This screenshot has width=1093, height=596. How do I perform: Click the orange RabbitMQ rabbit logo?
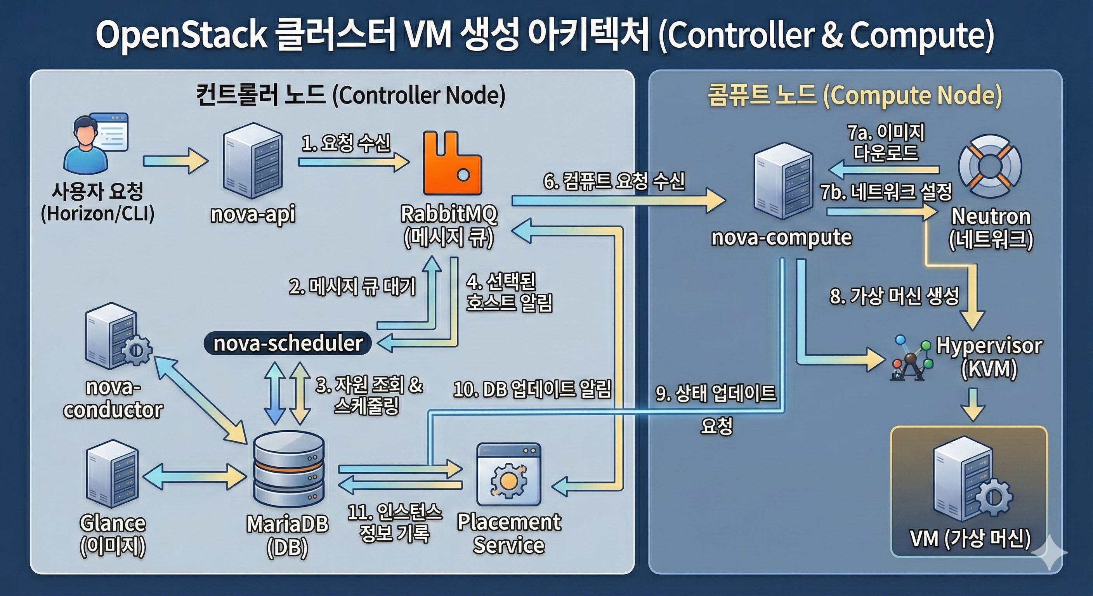click(452, 163)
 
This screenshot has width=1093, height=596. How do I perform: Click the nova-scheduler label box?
click(288, 343)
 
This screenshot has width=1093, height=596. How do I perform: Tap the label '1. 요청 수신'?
click(346, 144)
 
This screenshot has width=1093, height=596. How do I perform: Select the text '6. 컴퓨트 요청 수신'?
click(614, 182)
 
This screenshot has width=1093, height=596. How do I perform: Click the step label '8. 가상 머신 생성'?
click(894, 296)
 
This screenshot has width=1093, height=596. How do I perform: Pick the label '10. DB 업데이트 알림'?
click(533, 389)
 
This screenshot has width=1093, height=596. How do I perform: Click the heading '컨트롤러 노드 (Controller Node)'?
click(350, 95)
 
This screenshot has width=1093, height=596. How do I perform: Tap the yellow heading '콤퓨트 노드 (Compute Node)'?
click(855, 95)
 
